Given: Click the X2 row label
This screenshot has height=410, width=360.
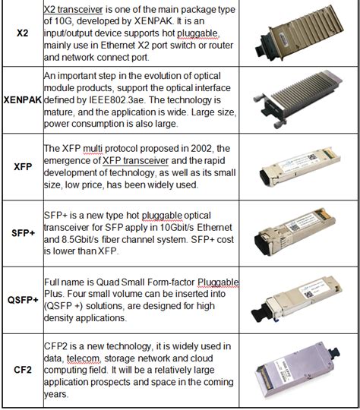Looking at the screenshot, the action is (23, 33).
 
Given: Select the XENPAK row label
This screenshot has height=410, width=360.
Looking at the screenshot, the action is (23, 100).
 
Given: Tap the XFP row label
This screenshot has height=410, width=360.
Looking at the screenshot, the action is (23, 167).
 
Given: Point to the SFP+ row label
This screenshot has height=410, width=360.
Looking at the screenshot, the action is (23, 233).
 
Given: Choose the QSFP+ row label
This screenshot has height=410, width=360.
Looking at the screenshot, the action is (23, 300).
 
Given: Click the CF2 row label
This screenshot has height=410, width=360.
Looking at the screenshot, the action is (23, 370).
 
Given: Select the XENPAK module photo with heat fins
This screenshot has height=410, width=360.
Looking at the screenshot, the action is (298, 99).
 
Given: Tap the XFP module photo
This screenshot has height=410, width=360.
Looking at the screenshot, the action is (300, 167).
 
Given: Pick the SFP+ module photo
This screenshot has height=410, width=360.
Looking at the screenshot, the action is (295, 232).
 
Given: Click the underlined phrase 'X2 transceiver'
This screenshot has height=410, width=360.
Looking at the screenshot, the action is (73, 10).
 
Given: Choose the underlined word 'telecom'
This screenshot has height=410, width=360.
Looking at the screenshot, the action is (84, 358).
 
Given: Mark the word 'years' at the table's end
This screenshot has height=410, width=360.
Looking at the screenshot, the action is (55, 394).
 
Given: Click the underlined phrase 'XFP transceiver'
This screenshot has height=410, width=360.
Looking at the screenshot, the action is (135, 160).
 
